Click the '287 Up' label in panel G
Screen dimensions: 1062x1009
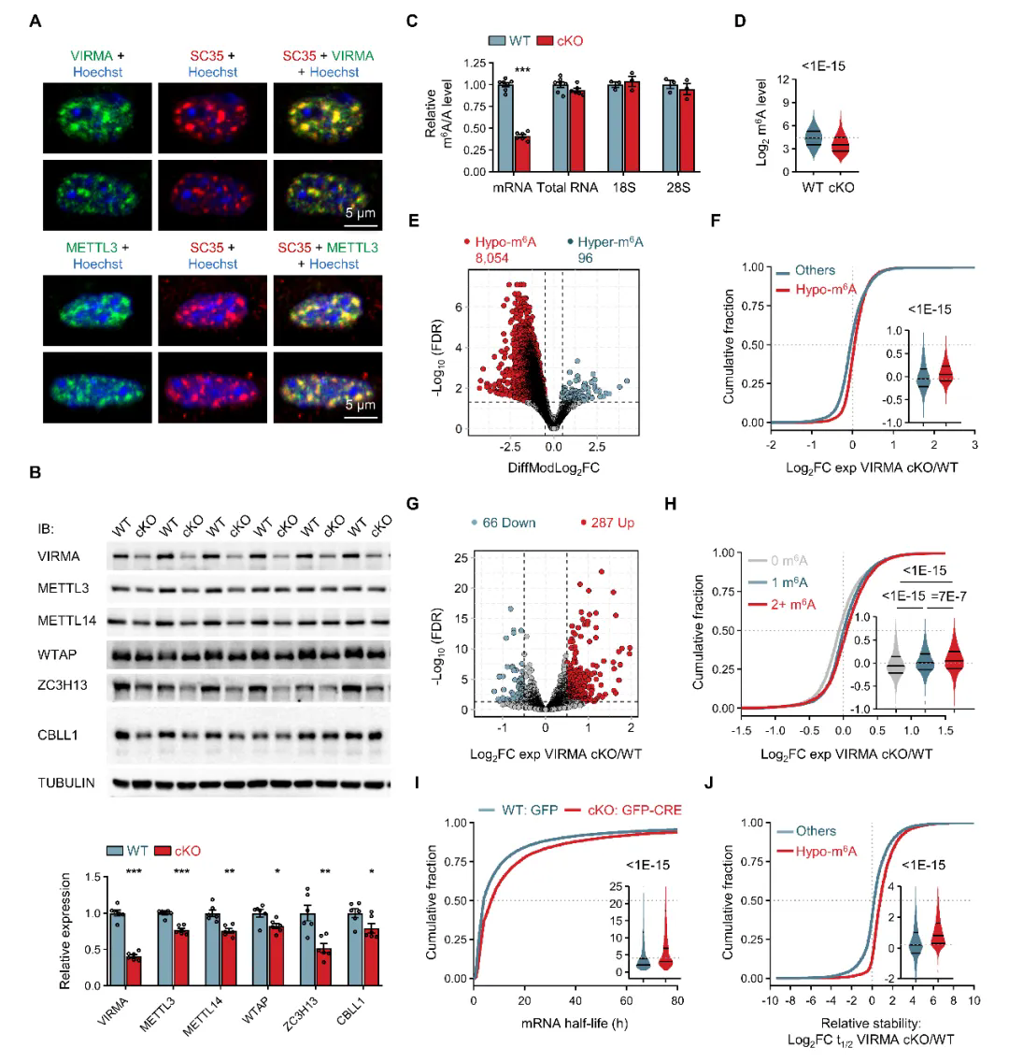[x=606, y=523]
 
